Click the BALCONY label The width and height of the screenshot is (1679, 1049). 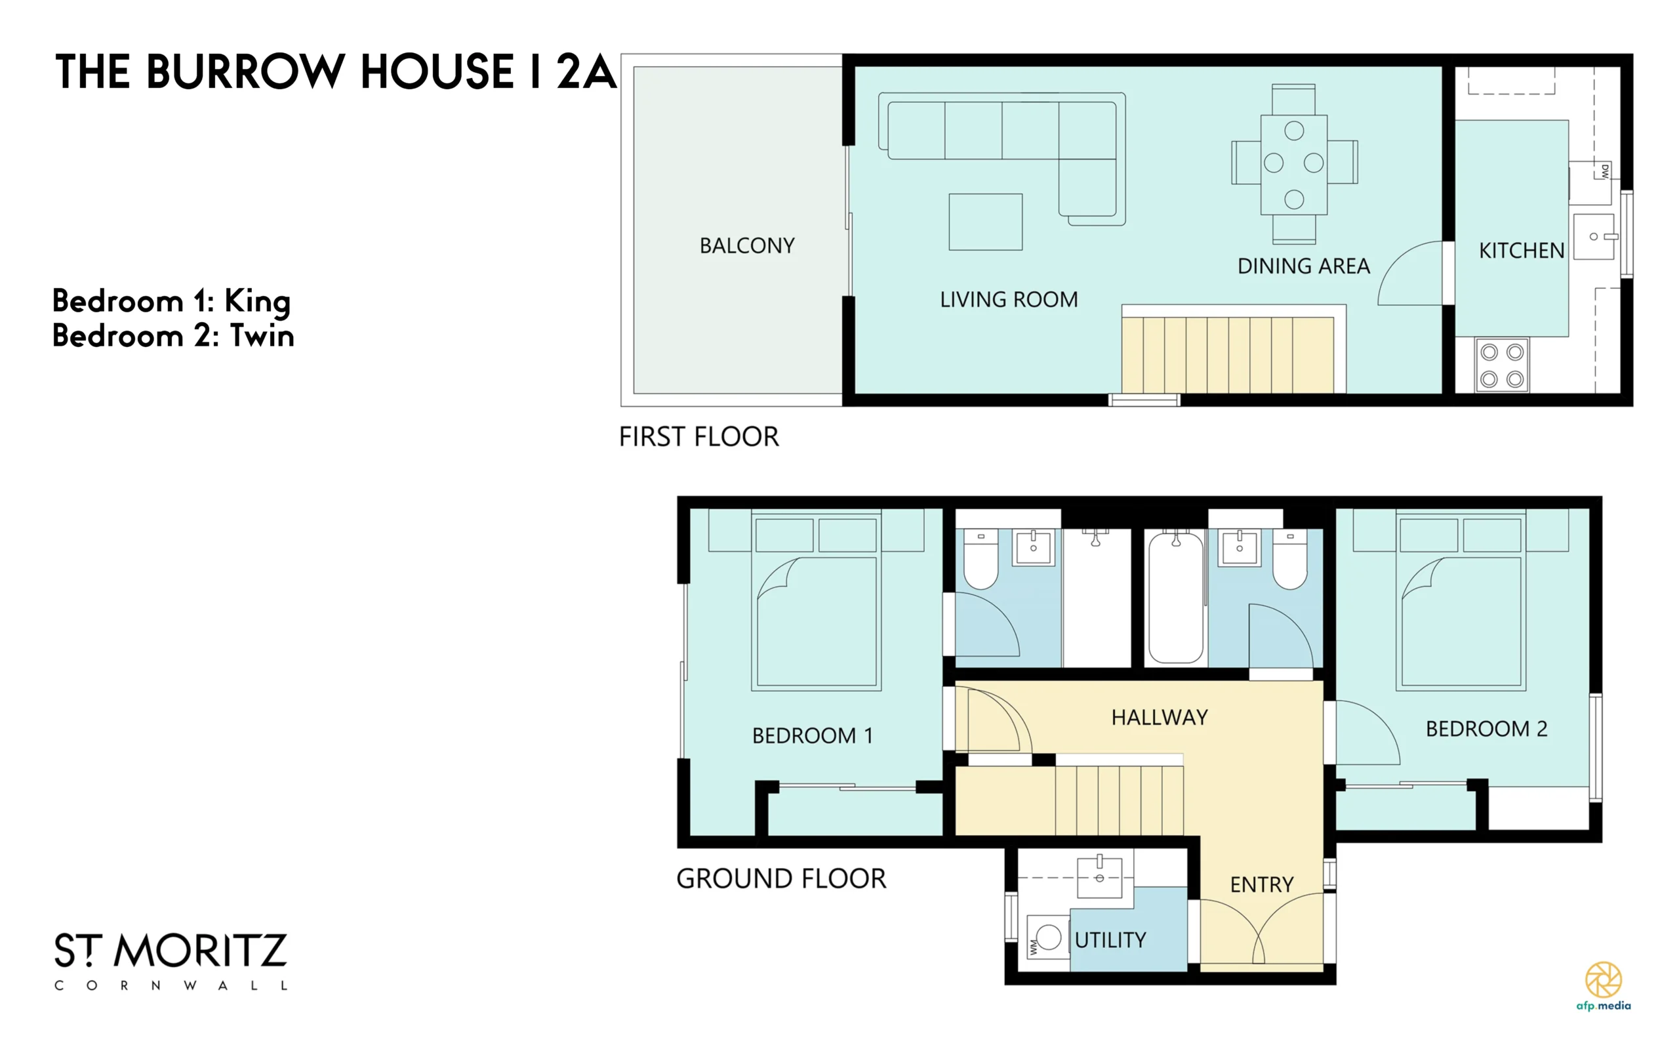point(747,245)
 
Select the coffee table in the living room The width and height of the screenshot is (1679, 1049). point(986,222)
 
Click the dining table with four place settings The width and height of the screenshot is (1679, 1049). point(1294,165)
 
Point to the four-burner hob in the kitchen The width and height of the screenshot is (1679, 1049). point(1502,365)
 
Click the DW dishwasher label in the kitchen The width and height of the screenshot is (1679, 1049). point(1605,171)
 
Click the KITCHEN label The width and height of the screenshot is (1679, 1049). point(1522,251)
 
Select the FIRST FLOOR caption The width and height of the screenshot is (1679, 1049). point(699,437)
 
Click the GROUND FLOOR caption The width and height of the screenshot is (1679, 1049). point(781,879)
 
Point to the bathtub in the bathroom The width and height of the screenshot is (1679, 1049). point(1176,598)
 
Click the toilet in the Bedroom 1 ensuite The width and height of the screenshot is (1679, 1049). point(981,560)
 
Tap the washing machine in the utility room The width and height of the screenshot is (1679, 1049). point(1048,938)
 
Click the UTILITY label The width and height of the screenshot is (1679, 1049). point(1110,941)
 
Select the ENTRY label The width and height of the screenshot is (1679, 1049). point(1261,885)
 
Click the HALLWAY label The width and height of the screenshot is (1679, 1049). point(1160,717)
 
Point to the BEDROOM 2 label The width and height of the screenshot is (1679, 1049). point(1486,729)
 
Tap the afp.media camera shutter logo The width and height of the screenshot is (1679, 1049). point(1604,979)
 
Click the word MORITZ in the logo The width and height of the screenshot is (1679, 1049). point(201,951)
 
